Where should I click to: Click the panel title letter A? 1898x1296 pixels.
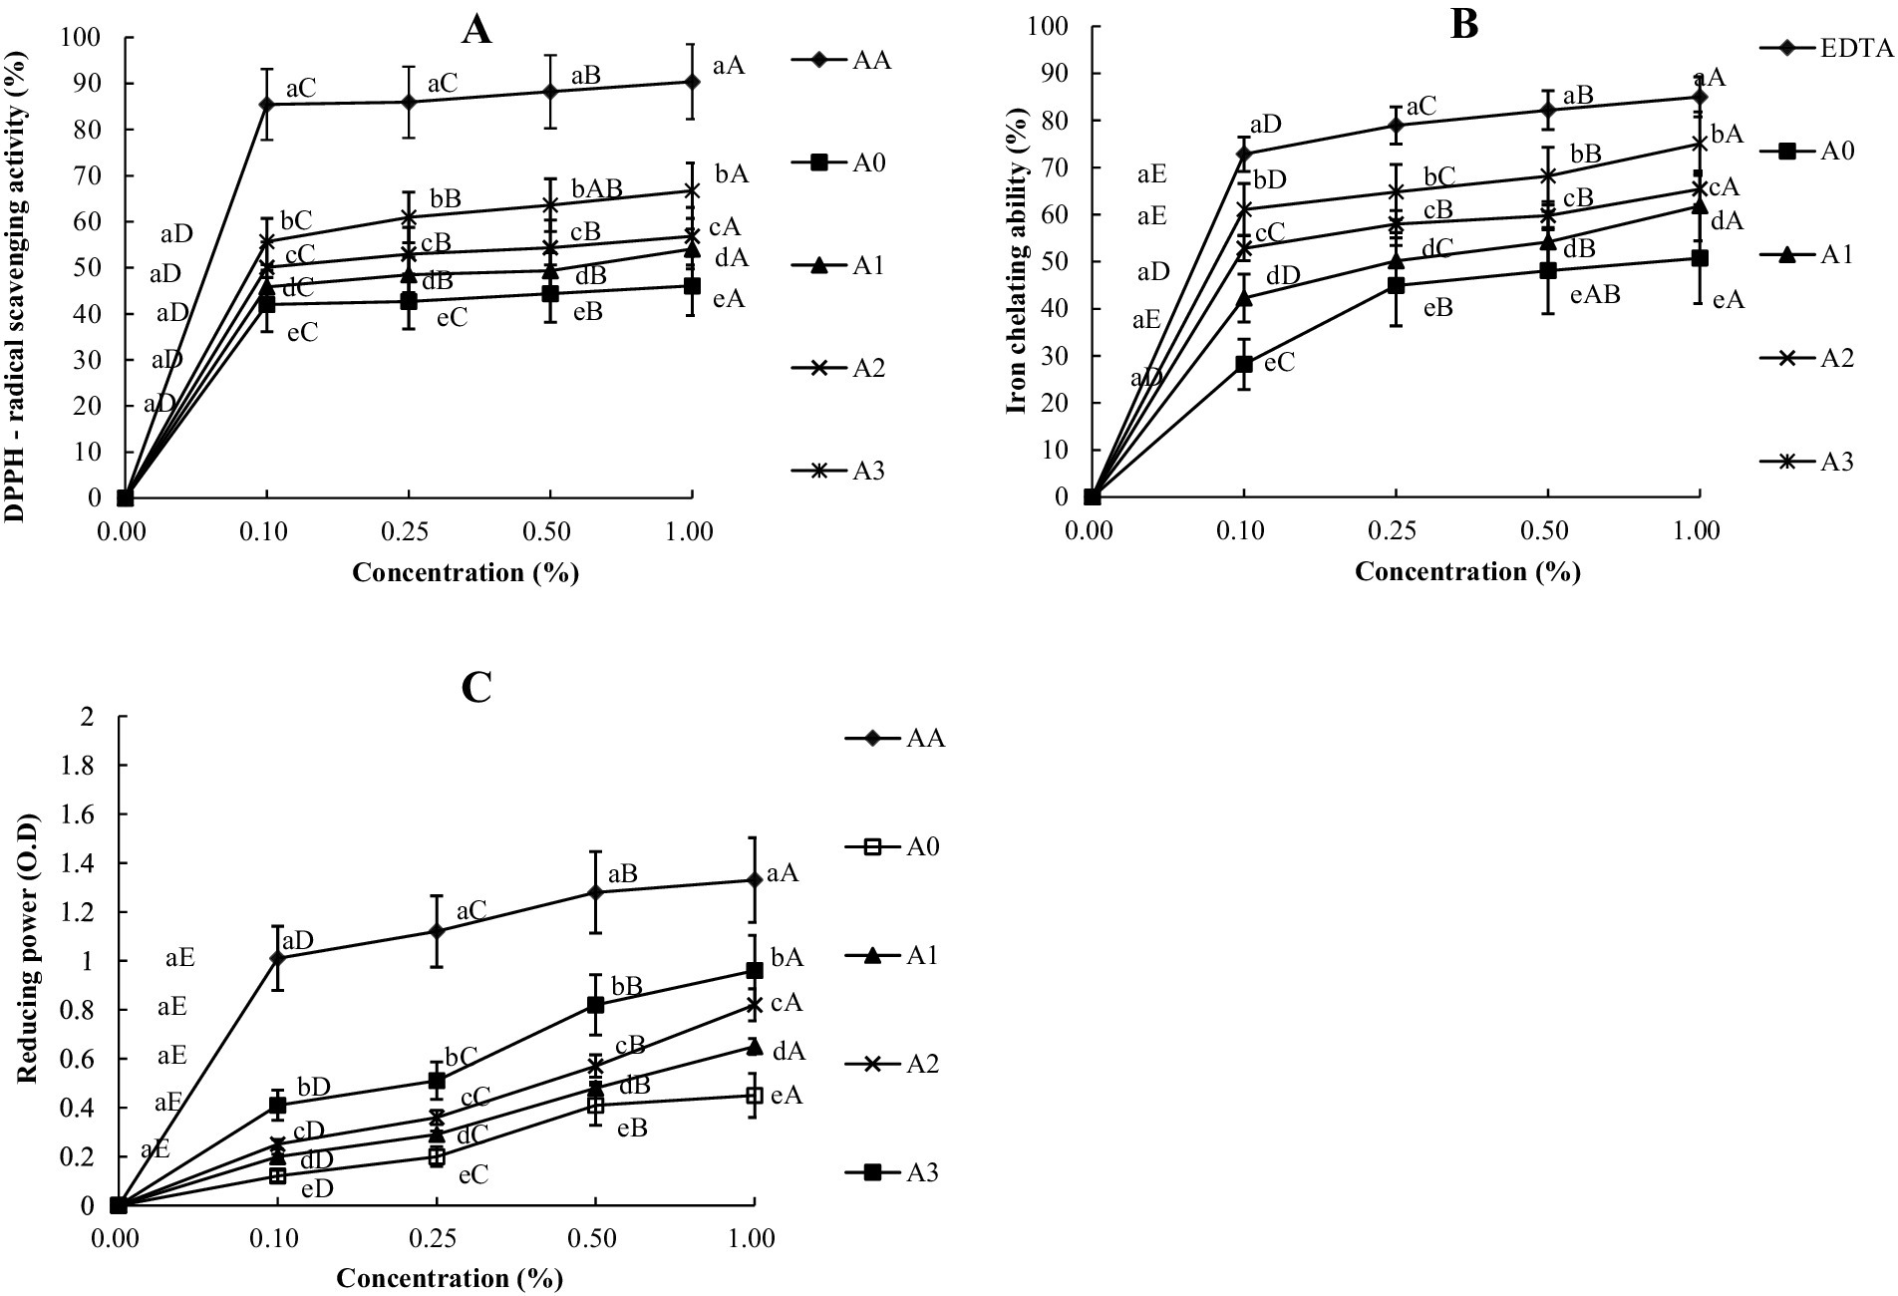pyautogui.click(x=476, y=31)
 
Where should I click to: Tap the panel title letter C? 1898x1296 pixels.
pyautogui.click(x=476, y=688)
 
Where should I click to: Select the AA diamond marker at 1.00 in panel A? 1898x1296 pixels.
pyautogui.click(x=691, y=82)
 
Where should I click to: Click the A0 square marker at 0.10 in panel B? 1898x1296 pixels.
pyautogui.click(x=1243, y=364)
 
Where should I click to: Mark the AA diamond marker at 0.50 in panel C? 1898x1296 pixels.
pyautogui.click(x=595, y=892)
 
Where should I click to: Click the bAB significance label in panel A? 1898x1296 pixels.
pyautogui.click(x=597, y=189)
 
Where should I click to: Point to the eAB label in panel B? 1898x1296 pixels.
pyautogui.click(x=1595, y=295)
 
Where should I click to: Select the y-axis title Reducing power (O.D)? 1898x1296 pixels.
pyautogui.click(x=27, y=961)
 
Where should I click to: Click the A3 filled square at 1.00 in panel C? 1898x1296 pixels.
pyautogui.click(x=754, y=970)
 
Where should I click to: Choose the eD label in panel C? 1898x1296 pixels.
pyautogui.click(x=317, y=1188)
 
